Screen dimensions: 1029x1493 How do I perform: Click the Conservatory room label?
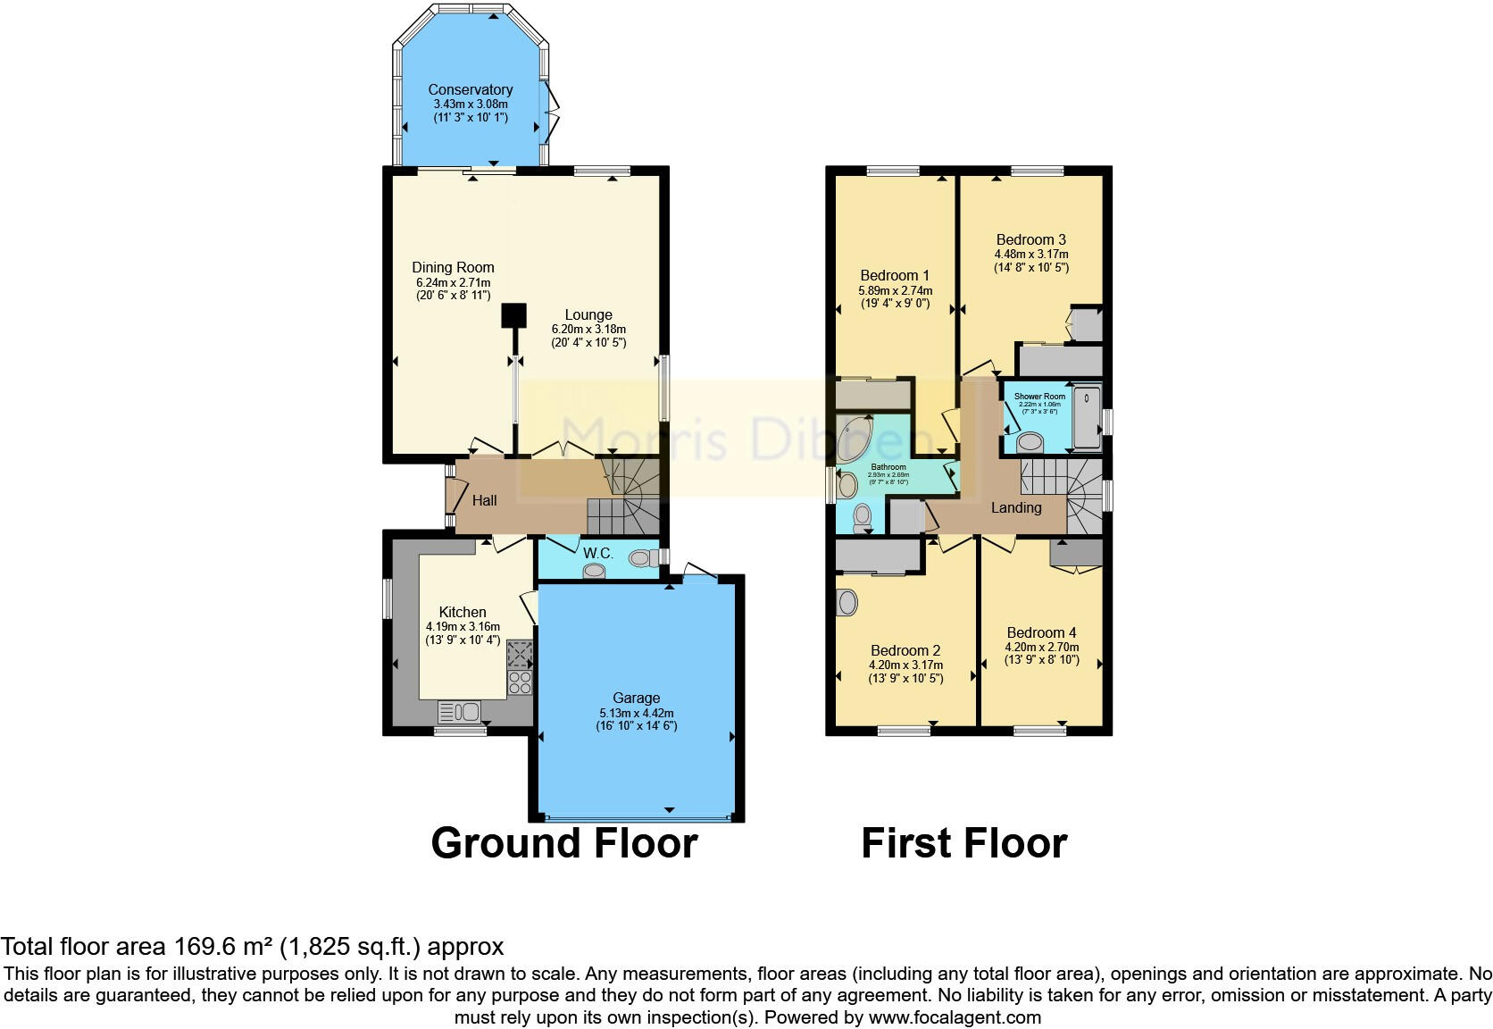470,89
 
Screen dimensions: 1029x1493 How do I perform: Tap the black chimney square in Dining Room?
513,315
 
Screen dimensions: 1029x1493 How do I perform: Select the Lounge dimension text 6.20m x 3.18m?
588,329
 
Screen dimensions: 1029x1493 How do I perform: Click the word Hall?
484,500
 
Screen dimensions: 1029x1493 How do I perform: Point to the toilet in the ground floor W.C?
640,559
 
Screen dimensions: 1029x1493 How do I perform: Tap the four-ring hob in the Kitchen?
520,683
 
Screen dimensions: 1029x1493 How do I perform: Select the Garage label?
636,698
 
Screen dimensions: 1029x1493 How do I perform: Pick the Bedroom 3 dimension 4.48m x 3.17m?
1030,254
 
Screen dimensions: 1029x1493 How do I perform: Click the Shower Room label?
1039,396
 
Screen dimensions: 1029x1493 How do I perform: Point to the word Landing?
1016,507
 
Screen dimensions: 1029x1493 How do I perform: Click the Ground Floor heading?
563,842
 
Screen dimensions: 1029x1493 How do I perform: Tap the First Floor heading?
963,842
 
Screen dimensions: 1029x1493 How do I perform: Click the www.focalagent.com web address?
955,1016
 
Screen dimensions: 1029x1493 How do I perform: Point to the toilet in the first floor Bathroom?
863,517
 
